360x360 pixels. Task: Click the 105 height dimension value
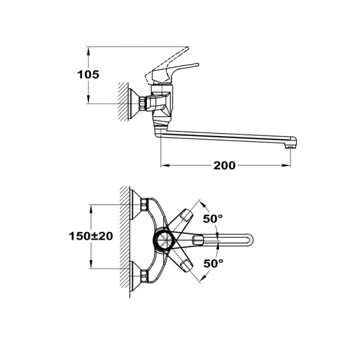tap(88, 75)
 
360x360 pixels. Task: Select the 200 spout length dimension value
tap(224, 165)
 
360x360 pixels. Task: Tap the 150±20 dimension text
tap(90, 236)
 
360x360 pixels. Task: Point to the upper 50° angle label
tap(212, 219)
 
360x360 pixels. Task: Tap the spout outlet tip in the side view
tap(292, 143)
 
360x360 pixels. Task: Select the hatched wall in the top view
tap(125, 240)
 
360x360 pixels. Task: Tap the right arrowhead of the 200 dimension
tap(289, 165)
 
